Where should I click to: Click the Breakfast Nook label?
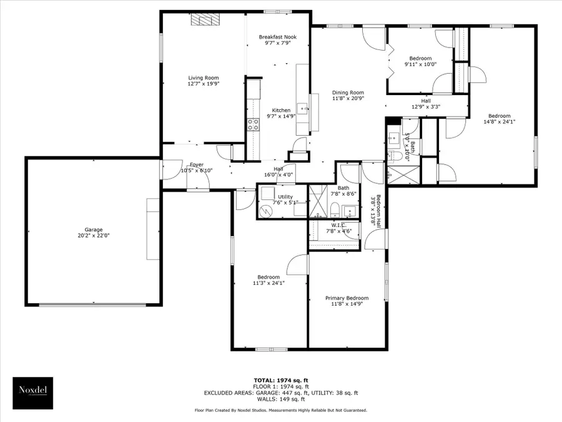277,37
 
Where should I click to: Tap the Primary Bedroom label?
347,298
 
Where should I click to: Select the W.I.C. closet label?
339,226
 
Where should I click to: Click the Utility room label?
285,197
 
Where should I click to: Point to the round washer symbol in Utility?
267,211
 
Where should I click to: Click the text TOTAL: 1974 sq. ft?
280,380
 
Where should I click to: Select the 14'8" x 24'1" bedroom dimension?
499,122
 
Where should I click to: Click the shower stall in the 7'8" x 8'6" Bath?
319,201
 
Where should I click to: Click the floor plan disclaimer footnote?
280,410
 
